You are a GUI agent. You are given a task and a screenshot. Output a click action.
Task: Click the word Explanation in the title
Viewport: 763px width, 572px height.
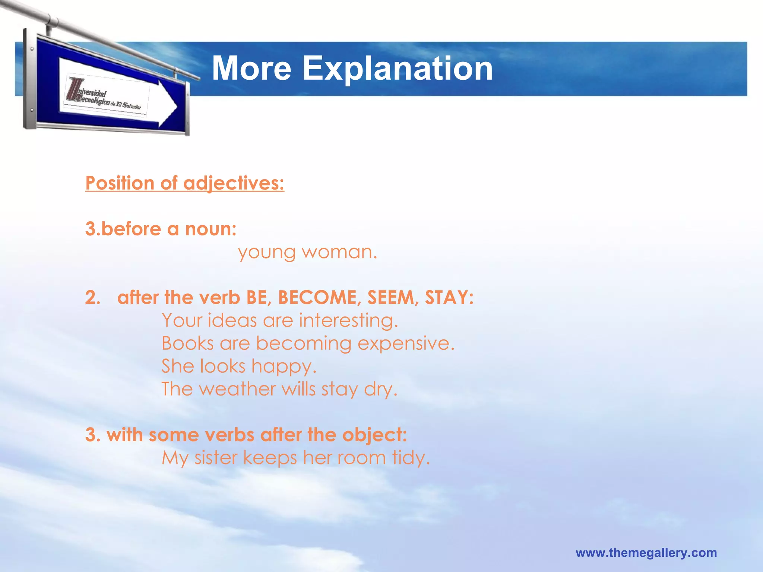pyautogui.click(x=398, y=69)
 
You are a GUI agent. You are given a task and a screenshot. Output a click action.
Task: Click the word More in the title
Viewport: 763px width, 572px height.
pyautogui.click(x=251, y=69)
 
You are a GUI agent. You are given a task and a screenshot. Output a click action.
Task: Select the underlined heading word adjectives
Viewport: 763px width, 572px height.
pyautogui.click(x=234, y=184)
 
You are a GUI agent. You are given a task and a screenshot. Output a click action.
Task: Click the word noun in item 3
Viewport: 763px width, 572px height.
pyautogui.click(x=210, y=229)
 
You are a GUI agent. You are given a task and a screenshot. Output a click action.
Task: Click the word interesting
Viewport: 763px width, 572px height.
pyautogui.click(x=348, y=321)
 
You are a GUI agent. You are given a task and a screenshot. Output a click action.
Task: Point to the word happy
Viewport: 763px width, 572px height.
pyautogui.click(x=284, y=367)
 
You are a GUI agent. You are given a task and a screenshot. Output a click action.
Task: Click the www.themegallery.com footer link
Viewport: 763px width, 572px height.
pyautogui.click(x=646, y=553)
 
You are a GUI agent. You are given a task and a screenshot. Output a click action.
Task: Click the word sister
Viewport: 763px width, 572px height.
pyautogui.click(x=216, y=458)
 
